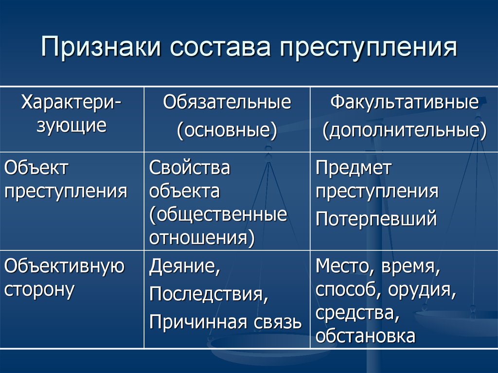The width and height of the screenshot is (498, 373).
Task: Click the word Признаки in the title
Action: pos(100,48)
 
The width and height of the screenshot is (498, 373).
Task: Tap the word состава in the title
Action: pos(220,48)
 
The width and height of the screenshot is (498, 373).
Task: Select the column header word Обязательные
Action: pos(227,102)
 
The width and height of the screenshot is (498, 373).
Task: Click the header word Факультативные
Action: pos(404,102)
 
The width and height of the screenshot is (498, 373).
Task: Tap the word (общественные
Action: pos(218,215)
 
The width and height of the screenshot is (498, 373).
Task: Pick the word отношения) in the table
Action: pos(202,238)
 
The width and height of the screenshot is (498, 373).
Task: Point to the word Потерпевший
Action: pos(376,219)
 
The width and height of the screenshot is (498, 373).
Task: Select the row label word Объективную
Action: pos(65,266)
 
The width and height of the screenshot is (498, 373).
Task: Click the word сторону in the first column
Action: pos(39,290)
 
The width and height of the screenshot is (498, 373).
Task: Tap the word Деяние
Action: pos(184,266)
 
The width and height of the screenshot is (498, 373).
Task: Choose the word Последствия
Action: pos(209,294)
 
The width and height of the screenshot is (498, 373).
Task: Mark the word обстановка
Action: pos(366,336)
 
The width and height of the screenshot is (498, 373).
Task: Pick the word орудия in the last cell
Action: pos(422,290)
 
